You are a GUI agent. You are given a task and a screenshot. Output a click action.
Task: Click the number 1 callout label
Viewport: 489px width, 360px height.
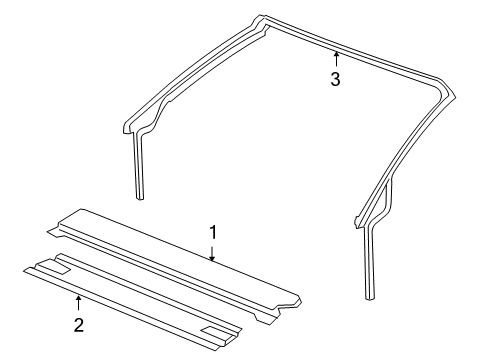(x=213, y=232)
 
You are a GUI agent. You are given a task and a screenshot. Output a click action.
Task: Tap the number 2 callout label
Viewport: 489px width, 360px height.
(x=79, y=325)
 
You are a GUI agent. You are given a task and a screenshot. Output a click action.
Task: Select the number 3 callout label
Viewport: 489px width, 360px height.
(x=335, y=79)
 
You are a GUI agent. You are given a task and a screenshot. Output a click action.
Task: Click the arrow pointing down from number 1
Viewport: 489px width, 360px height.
(x=212, y=253)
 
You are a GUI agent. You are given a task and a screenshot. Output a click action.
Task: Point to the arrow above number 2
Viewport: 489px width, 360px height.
(x=78, y=303)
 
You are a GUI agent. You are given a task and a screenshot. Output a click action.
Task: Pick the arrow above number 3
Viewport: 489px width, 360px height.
(x=336, y=59)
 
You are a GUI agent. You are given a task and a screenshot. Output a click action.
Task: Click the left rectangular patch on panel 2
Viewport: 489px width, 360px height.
(x=52, y=267)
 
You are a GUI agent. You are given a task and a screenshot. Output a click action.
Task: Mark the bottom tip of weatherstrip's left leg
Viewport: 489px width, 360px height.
(x=140, y=199)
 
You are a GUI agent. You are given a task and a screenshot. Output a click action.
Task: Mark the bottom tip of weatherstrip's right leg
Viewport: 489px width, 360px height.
(x=370, y=298)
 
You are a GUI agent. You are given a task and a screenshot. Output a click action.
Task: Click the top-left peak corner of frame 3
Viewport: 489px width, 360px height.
(x=260, y=17)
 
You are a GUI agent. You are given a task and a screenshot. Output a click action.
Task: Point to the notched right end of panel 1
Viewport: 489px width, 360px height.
(x=283, y=309)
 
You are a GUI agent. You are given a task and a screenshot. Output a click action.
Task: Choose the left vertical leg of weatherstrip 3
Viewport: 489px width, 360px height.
(x=139, y=165)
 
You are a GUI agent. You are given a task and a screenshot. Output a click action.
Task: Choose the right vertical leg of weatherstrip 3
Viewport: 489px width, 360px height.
(x=369, y=262)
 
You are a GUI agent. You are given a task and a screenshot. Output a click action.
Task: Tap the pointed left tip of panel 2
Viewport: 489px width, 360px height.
(x=25, y=271)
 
